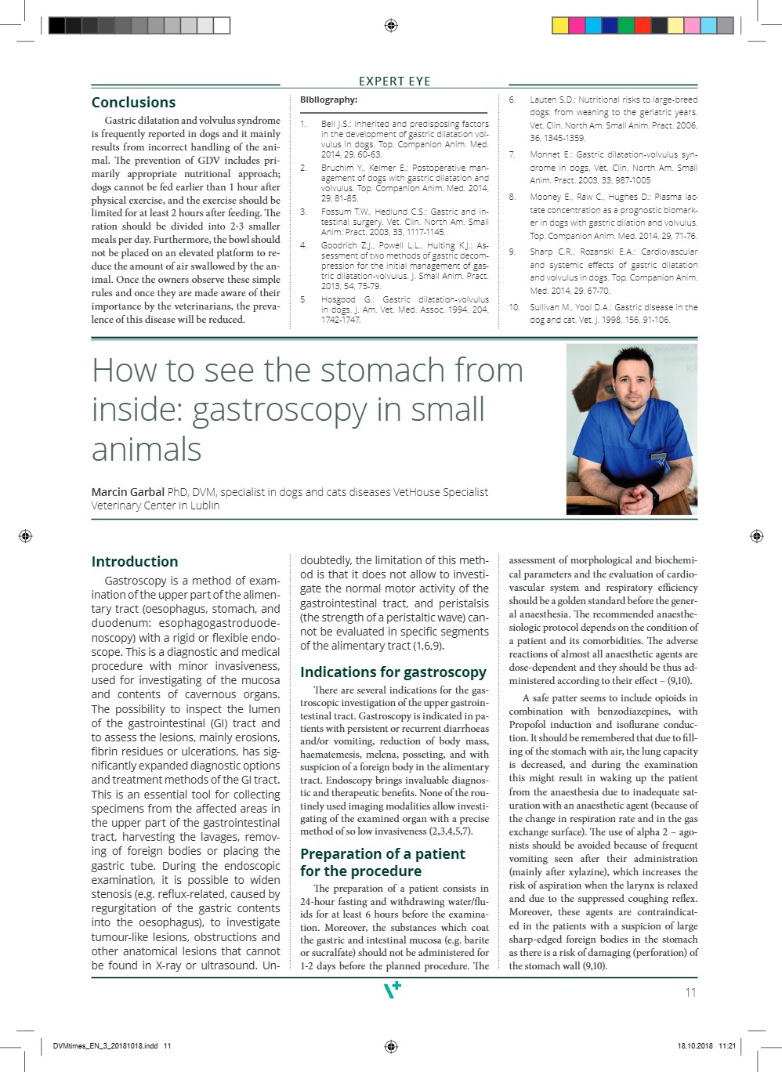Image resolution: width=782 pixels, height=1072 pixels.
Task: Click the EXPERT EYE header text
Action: click(x=394, y=81)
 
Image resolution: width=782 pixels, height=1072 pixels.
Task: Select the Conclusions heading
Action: click(x=133, y=103)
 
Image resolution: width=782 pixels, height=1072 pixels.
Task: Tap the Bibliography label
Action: click(x=328, y=100)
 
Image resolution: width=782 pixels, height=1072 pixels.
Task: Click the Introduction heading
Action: click(x=134, y=562)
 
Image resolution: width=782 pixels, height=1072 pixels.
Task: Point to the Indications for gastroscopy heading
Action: click(x=393, y=672)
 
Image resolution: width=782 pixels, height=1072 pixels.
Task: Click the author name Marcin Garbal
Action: click(x=128, y=492)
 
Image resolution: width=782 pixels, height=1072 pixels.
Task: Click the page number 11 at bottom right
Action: click(x=690, y=992)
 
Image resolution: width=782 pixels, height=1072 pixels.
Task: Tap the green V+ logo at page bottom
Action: click(x=392, y=989)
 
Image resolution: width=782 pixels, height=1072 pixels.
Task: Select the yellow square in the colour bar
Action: click(x=560, y=26)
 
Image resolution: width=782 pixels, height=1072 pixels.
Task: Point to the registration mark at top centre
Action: click(x=391, y=26)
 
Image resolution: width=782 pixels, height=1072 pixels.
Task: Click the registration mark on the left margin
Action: click(x=25, y=536)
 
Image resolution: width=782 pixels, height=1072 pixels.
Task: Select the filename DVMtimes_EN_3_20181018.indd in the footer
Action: click(x=105, y=1046)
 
